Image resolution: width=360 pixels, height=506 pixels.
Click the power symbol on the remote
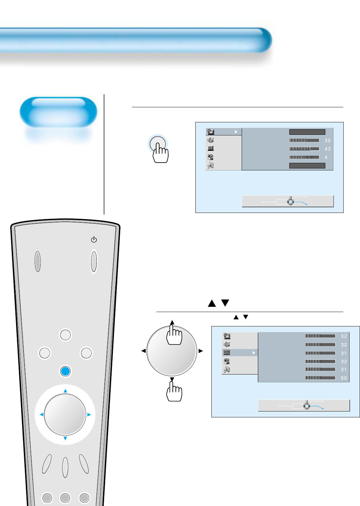point(94,239)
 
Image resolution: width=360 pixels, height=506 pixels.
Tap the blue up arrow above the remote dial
point(65,391)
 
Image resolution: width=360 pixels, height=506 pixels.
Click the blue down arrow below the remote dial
point(65,438)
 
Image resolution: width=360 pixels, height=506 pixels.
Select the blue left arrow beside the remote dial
point(41,414)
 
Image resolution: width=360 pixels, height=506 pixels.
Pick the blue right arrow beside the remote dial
point(89,414)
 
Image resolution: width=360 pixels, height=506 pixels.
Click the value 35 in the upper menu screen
point(328,141)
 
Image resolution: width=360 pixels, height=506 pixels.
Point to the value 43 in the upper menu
point(328,149)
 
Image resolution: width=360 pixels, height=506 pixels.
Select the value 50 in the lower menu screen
point(344,378)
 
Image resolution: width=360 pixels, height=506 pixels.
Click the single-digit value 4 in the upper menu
point(326,157)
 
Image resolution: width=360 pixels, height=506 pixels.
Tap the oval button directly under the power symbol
point(94,261)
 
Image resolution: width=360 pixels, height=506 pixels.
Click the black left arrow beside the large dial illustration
point(143,351)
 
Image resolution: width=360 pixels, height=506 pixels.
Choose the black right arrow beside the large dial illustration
point(201,351)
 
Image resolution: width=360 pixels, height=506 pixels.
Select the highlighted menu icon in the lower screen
point(227,353)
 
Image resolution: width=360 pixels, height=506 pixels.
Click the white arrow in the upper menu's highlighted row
point(236,132)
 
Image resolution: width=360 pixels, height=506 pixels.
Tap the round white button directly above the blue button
point(65,335)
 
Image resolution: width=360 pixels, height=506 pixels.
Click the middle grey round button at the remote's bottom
point(65,498)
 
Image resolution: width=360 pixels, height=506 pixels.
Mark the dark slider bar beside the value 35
point(304,140)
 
